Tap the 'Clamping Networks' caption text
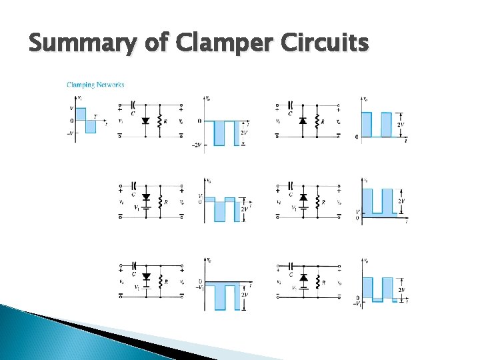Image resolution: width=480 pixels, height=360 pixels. coord(95,85)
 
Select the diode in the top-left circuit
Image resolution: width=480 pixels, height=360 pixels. coord(146,121)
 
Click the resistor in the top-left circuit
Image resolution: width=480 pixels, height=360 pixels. coord(159,121)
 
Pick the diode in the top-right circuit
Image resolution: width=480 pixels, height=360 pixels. coord(303,121)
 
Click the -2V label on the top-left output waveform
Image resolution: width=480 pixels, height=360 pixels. coord(197,145)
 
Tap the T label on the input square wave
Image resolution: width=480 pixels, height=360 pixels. coord(95,116)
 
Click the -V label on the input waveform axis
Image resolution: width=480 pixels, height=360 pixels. coord(71,133)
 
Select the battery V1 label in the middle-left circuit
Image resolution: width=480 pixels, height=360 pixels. coord(137,207)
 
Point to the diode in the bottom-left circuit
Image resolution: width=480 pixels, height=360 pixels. coord(146,275)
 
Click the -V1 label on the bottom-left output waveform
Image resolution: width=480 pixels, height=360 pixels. coord(199,287)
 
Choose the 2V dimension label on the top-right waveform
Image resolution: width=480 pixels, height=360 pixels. coord(401,125)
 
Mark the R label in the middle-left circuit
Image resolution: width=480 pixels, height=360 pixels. coord(166,201)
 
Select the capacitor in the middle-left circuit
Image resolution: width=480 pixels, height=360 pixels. coord(134,185)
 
